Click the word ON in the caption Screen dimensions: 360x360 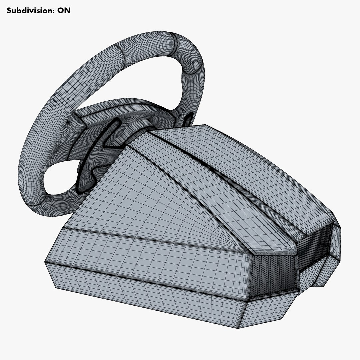click(x=64, y=10)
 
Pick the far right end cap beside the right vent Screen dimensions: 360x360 click(x=335, y=253)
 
